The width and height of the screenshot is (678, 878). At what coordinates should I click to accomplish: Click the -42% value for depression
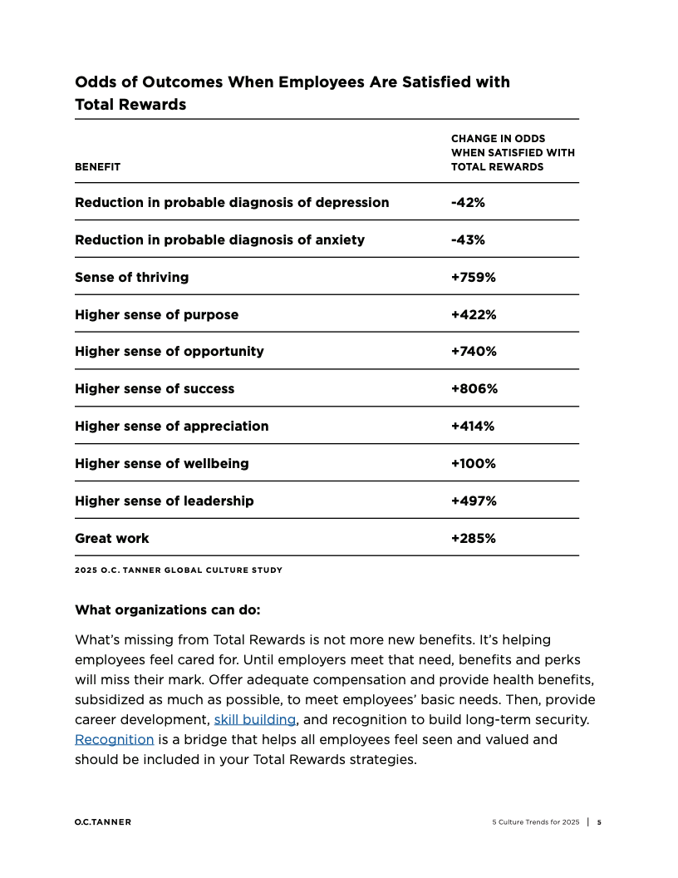468,202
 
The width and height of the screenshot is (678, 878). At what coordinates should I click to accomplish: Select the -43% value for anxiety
468,239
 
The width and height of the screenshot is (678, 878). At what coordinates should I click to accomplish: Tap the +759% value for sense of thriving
473,277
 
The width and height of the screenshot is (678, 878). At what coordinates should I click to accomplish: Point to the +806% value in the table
474,388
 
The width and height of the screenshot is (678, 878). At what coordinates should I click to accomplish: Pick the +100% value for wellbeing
473,463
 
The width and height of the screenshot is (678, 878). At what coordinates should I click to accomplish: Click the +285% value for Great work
473,538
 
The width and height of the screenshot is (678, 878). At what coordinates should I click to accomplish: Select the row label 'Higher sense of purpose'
156,314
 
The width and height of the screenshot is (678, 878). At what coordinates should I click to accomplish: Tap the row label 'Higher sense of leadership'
165,501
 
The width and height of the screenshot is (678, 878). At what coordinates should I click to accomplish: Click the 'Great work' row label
112,538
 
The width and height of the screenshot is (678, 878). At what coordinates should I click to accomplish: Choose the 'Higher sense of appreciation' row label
172,426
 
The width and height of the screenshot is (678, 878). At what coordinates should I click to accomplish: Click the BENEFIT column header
97,166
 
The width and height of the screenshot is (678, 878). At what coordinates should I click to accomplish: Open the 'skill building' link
255,719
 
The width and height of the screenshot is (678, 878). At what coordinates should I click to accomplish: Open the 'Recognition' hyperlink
114,739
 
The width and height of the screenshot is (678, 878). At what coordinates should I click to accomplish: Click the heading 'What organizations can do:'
168,609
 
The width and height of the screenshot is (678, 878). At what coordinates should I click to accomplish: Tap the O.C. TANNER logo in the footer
102,822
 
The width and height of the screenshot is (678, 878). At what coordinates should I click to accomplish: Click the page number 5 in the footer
599,822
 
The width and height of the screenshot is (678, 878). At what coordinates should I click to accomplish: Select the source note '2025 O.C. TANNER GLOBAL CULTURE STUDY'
179,570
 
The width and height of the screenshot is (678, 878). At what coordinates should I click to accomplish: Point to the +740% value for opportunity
474,351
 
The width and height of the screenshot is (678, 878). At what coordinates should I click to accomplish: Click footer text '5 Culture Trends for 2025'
535,822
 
